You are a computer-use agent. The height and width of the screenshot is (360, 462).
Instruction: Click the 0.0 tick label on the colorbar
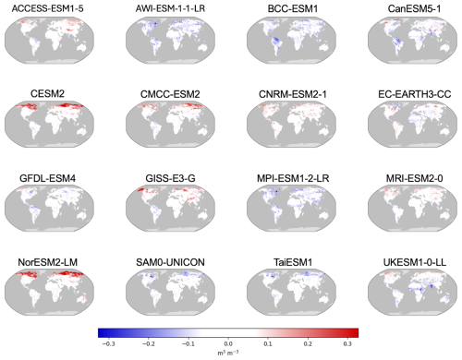(229, 341)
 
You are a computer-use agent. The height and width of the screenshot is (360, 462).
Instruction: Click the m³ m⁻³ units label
(229, 352)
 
